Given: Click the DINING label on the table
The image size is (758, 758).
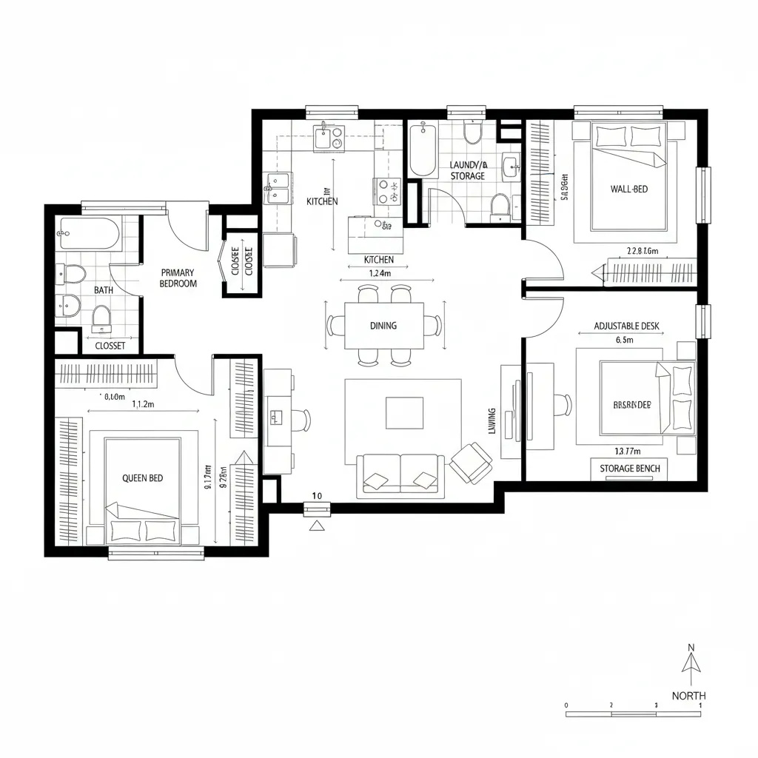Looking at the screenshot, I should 383,326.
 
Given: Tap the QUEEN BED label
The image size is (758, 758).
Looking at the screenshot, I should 142,478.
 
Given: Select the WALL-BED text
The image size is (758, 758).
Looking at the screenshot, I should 628,189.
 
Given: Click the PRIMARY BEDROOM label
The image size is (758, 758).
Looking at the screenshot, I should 178,278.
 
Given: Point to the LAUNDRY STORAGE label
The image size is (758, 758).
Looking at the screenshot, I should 469,170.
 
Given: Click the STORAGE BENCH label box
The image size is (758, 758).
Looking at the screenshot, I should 628,469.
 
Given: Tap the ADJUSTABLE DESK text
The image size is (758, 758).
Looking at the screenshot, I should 626,326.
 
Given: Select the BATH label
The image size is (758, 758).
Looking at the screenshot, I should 104,290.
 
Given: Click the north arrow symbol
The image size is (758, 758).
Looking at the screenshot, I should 691,665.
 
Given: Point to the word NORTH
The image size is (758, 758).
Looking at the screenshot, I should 688,696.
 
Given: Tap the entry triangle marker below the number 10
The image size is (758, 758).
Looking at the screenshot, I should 317,526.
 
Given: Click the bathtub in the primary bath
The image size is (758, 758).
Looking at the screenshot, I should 90,235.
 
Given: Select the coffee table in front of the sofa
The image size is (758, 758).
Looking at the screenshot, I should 404,412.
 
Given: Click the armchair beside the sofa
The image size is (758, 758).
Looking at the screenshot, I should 469,463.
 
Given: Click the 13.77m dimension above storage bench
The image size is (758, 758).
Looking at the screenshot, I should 628,451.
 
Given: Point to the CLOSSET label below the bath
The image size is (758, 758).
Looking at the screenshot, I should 110,346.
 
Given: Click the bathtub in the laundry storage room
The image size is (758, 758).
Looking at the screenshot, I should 423,150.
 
